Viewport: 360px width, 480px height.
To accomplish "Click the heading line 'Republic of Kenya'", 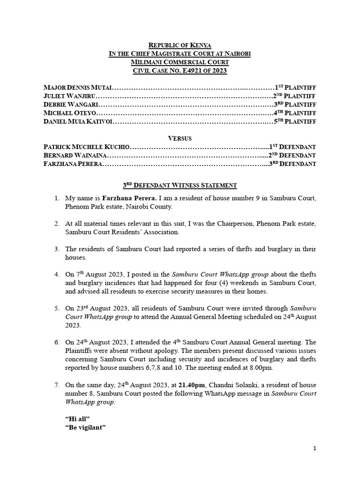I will (x=180, y=45).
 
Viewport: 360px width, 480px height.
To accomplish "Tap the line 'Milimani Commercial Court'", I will (x=180, y=62).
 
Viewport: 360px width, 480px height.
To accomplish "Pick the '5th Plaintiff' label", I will (x=295, y=121).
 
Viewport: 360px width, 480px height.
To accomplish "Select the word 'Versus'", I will (x=180, y=138).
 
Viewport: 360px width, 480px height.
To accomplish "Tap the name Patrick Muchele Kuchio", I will (x=86, y=147).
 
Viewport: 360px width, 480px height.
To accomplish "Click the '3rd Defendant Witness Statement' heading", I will (x=180, y=186).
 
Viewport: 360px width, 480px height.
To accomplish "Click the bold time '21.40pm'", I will (x=192, y=385).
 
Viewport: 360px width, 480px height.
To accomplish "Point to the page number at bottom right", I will (x=315, y=449).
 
